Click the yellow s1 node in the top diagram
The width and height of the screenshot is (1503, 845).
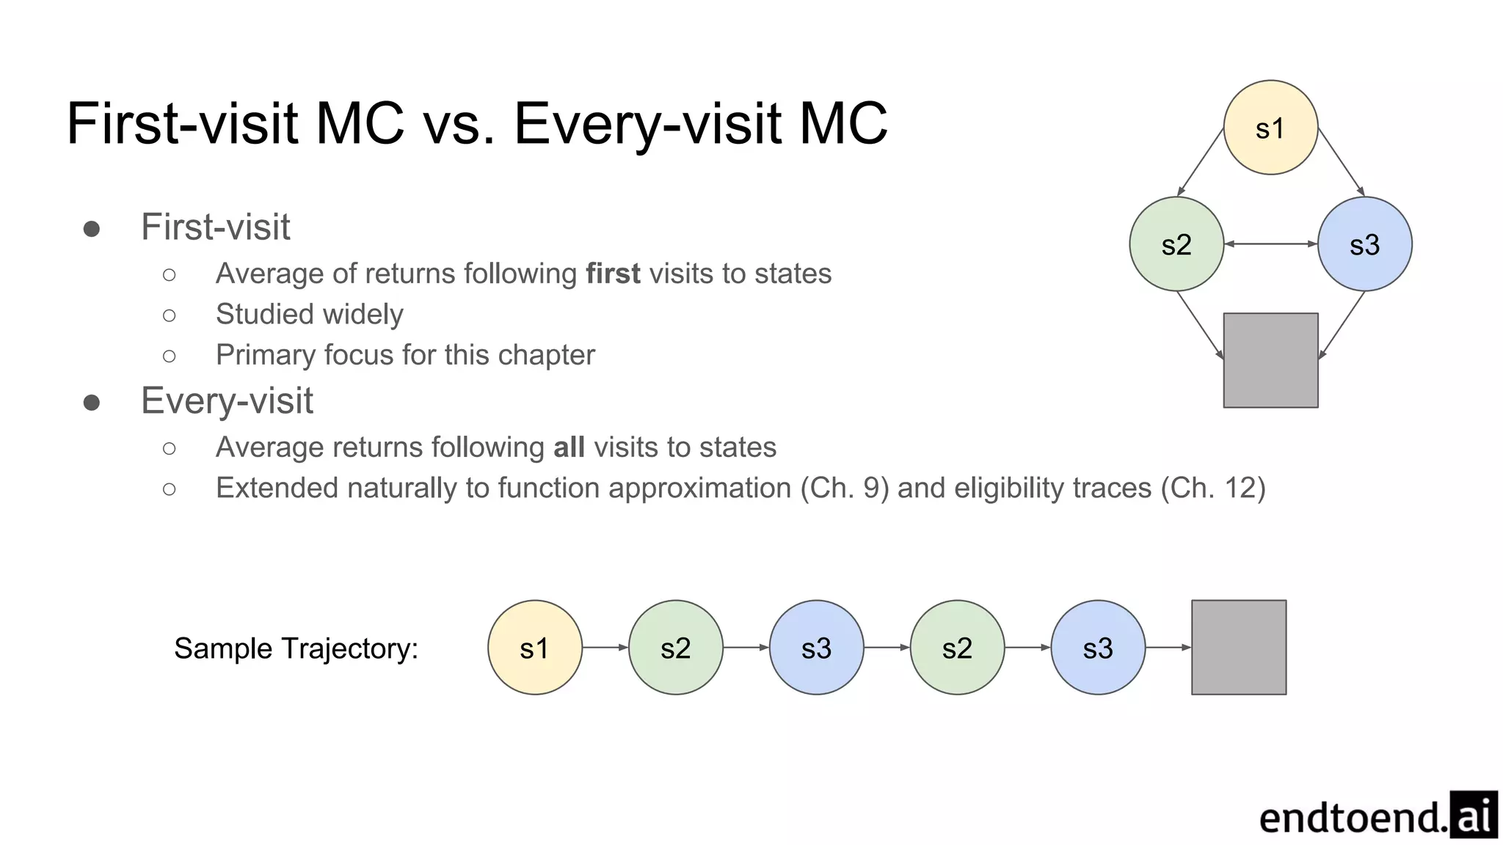click(x=1270, y=128)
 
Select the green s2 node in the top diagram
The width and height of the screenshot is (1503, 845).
click(x=1176, y=244)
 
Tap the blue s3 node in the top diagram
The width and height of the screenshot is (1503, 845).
click(x=1364, y=244)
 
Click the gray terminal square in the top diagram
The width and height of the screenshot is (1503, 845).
click(x=1270, y=360)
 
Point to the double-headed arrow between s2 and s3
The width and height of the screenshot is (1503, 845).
click(x=1270, y=244)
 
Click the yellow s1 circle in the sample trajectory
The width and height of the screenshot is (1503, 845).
click(x=534, y=648)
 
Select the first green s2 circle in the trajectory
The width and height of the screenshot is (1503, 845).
click(x=675, y=648)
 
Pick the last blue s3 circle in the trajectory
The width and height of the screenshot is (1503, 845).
click(x=1098, y=648)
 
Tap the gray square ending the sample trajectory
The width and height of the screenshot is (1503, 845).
click(x=1239, y=648)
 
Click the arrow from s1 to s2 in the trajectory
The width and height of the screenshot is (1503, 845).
click(x=605, y=648)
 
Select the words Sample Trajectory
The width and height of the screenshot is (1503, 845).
click(x=296, y=648)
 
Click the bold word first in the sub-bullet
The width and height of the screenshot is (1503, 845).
click(x=613, y=274)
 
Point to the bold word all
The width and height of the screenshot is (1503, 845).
click(x=569, y=447)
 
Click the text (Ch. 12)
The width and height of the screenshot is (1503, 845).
click(x=1213, y=489)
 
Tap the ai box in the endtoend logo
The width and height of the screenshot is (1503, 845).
click(x=1473, y=815)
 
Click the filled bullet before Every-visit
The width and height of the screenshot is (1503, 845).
click(x=92, y=402)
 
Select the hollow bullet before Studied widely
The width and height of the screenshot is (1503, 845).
click(x=170, y=315)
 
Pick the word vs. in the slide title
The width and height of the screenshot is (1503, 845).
click(x=459, y=123)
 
